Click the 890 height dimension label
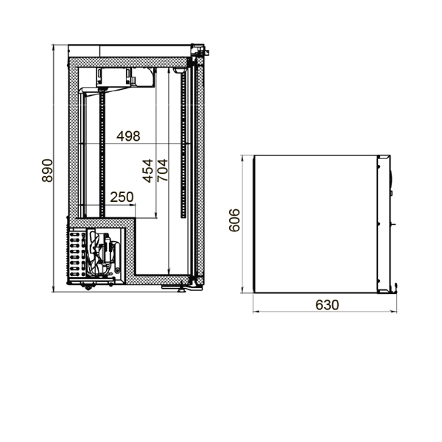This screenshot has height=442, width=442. coord(47,171)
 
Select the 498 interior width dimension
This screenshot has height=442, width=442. coord(128,136)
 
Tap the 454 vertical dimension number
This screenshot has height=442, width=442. coord(147,171)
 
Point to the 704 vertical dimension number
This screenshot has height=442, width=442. coord(162,171)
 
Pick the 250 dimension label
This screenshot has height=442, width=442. coord(122,197)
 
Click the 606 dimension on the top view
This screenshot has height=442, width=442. coord(234,220)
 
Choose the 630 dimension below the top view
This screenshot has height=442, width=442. coord(327,305)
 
